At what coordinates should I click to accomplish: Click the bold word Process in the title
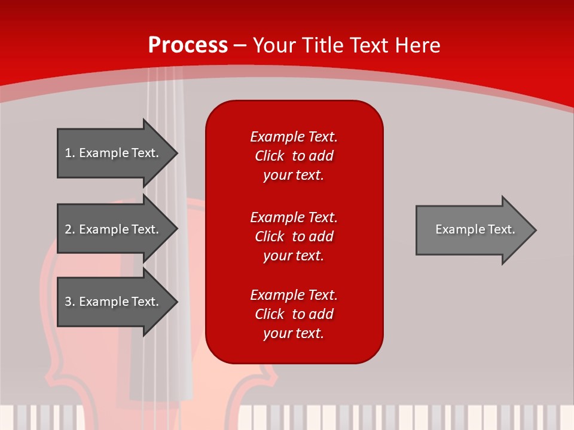click(x=188, y=45)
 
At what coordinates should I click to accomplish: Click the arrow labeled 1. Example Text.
click(x=114, y=153)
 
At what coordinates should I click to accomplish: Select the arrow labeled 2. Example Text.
click(x=114, y=229)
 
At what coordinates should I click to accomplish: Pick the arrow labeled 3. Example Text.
click(x=114, y=302)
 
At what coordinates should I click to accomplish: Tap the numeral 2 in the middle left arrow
click(x=68, y=229)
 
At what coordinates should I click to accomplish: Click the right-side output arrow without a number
click(x=472, y=229)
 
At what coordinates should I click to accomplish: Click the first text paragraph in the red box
click(x=294, y=156)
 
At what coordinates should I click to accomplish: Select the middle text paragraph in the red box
click(x=294, y=236)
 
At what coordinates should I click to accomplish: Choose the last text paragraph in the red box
click(x=294, y=314)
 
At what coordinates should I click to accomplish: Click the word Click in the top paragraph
click(x=270, y=156)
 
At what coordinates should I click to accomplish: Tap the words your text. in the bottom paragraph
click(x=294, y=333)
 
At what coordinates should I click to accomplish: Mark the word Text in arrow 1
click(x=145, y=153)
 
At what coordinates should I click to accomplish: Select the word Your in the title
click(x=274, y=45)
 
